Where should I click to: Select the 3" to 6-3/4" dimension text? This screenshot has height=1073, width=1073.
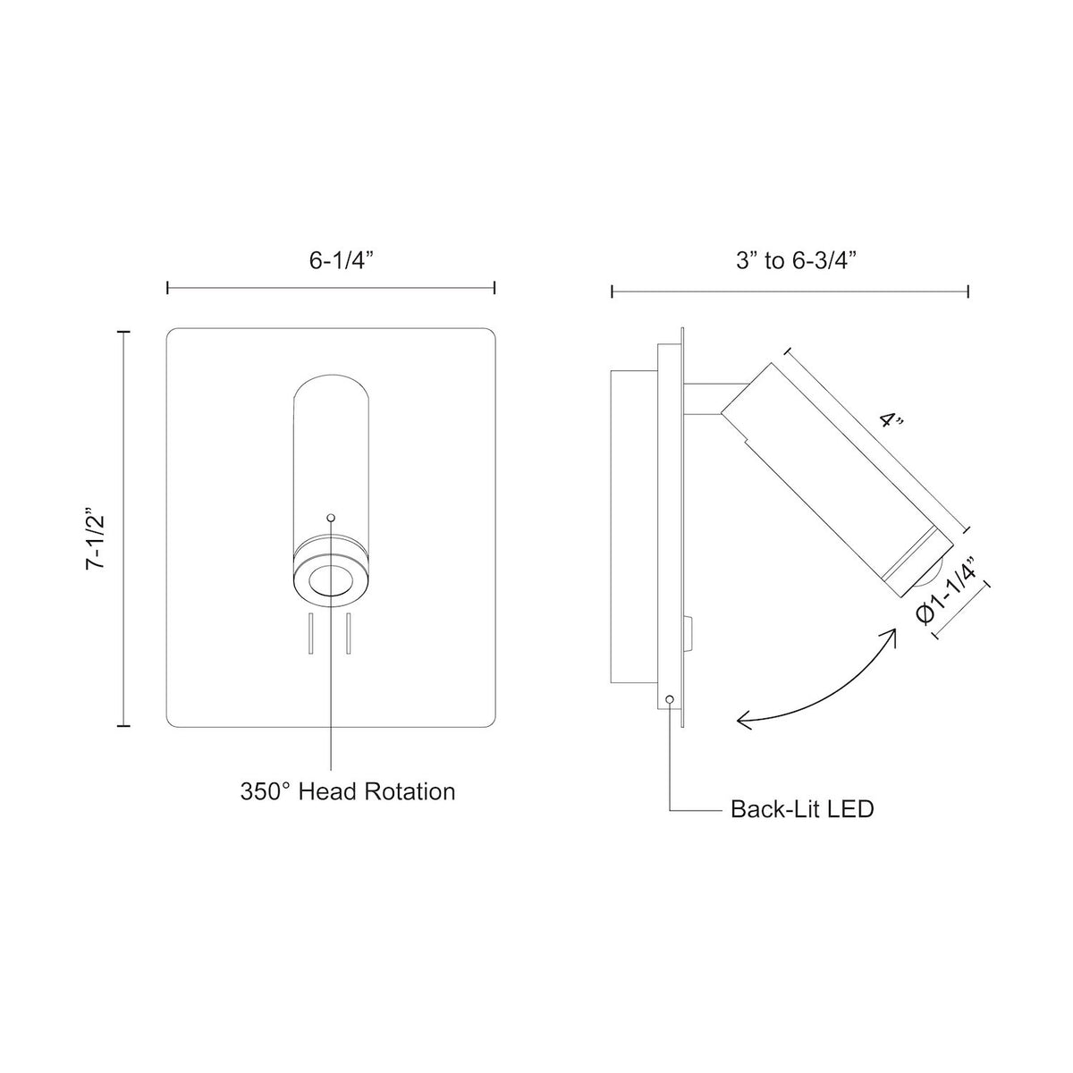pyautogui.click(x=796, y=260)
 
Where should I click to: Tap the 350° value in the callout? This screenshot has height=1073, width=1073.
pyautogui.click(x=266, y=792)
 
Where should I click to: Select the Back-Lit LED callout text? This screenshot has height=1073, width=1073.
pyautogui.click(x=802, y=809)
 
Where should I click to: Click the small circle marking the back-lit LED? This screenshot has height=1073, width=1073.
pyautogui.click(x=670, y=699)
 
